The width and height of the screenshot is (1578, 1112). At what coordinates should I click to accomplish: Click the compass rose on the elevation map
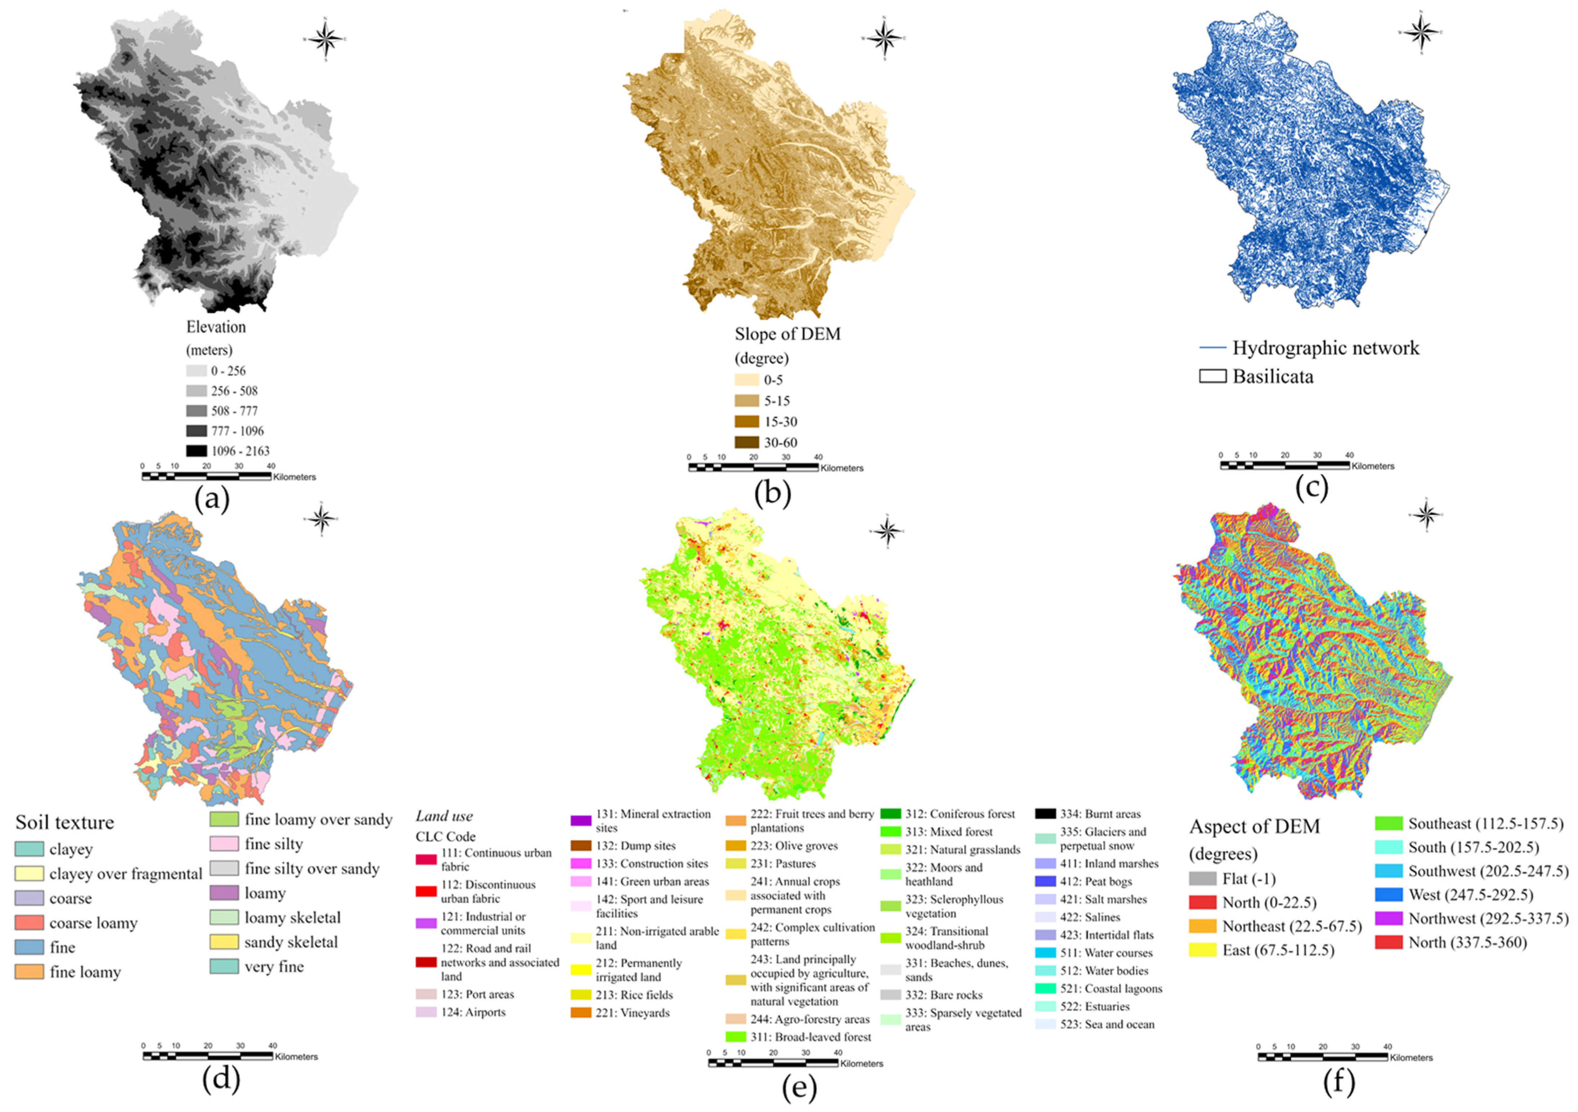[x=326, y=39]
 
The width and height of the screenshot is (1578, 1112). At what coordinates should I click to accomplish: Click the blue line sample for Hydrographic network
[x=1212, y=348]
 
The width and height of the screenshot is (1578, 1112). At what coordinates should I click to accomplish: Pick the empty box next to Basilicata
[x=1212, y=377]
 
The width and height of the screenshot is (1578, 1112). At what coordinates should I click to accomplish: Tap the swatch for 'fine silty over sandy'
[x=224, y=869]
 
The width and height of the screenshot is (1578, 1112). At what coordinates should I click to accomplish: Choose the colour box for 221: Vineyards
[x=581, y=1012]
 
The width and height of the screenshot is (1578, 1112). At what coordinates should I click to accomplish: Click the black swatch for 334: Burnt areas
[x=1045, y=814]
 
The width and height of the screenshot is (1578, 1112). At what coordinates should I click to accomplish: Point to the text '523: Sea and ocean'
[x=1107, y=1024]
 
